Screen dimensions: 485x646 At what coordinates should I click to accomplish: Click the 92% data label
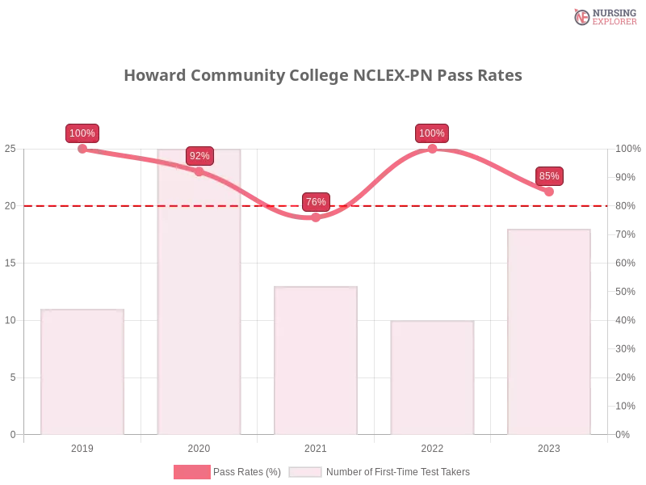tap(199, 155)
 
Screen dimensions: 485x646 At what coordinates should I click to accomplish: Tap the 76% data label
tap(316, 201)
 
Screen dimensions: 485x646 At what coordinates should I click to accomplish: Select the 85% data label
tap(549, 175)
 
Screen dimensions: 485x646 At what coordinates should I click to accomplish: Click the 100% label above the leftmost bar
tap(82, 133)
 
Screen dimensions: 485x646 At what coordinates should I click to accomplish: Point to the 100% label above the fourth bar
tap(432, 133)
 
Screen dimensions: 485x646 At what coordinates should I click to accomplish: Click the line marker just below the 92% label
tap(199, 171)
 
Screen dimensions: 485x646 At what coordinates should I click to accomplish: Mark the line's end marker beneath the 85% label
tap(549, 192)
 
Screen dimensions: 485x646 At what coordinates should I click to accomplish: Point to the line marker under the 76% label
tap(316, 217)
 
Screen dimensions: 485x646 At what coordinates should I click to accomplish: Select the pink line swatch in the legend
tap(192, 472)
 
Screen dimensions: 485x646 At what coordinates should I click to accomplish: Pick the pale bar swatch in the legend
tap(305, 472)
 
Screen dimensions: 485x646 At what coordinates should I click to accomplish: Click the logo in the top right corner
tap(602, 16)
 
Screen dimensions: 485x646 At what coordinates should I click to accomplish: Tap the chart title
tap(323, 76)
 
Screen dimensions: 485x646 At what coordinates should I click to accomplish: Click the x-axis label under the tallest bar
tap(199, 446)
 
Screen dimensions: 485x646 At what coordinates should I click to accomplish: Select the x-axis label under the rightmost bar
tap(549, 446)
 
